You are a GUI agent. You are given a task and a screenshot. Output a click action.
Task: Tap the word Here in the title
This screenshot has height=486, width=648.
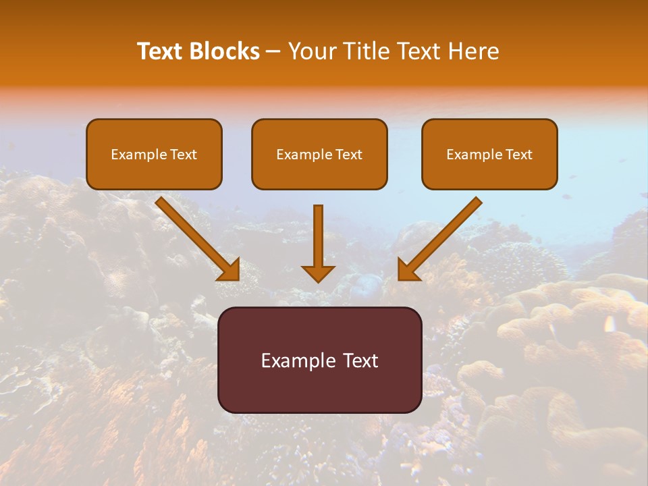coord(473,51)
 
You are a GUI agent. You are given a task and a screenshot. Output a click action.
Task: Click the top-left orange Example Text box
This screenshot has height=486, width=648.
coord(154,155)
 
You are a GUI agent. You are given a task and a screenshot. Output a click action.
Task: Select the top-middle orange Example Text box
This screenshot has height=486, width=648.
coord(319,155)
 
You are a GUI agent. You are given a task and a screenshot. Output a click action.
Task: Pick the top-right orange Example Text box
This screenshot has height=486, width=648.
coord(489,155)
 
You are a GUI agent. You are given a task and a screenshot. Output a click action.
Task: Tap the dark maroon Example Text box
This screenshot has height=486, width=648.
coord(319,360)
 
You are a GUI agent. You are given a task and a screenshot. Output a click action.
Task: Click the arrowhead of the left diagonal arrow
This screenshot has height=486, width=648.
coord(230,269)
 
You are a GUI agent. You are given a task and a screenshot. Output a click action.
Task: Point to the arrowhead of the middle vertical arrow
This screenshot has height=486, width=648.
coord(318,273)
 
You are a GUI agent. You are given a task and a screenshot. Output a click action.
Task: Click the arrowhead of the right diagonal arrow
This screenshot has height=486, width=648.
coord(408,269)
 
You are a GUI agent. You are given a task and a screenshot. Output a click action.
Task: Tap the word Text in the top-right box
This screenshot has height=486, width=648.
coord(519,155)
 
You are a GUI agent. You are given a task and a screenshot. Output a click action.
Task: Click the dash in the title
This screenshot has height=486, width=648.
coord(273,51)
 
